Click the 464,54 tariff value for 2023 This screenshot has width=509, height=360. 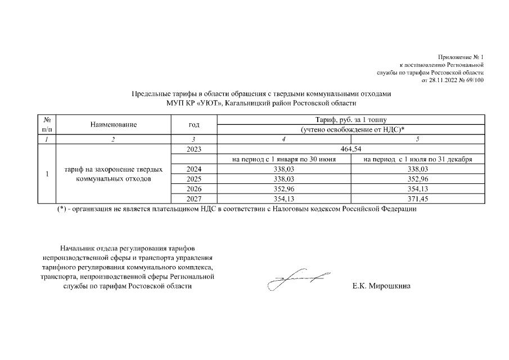351,149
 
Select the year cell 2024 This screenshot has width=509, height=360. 193,169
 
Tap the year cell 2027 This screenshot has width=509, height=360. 193,198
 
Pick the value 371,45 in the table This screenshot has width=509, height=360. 417,198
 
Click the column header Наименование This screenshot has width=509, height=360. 113,124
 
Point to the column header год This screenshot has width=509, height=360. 193,124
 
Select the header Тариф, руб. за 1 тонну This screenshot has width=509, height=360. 351,119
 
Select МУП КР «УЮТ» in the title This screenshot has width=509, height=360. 195,103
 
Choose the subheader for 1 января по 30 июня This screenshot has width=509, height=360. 284,159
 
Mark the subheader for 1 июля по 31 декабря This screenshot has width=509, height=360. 417,159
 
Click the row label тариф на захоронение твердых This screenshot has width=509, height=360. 114,169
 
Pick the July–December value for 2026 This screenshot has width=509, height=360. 417,188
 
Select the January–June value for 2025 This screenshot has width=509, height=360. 284,179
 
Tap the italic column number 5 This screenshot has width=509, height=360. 417,139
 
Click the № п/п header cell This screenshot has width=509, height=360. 47,124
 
